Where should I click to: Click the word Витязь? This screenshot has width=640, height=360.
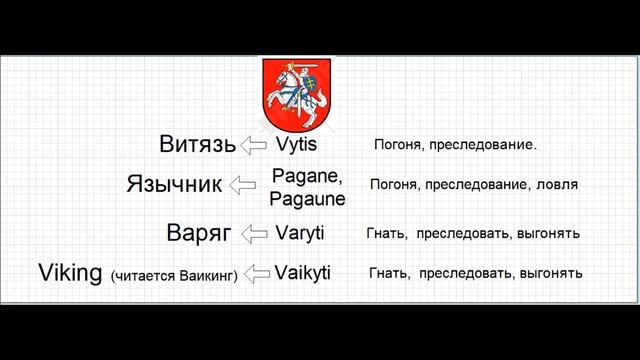click(x=197, y=144)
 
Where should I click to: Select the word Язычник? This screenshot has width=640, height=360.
click(x=174, y=185)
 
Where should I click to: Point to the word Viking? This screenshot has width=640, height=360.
click(x=71, y=271)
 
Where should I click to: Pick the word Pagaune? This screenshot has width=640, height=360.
click(x=307, y=198)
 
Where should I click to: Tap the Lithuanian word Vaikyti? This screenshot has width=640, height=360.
click(x=303, y=271)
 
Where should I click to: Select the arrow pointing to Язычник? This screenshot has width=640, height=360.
click(x=246, y=186)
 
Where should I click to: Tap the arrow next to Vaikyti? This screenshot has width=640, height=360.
click(x=257, y=272)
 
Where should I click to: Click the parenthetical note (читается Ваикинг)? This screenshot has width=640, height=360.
click(x=174, y=274)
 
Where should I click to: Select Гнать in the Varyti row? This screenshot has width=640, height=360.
click(x=387, y=234)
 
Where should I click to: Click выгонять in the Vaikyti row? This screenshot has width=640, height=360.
click(x=552, y=272)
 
